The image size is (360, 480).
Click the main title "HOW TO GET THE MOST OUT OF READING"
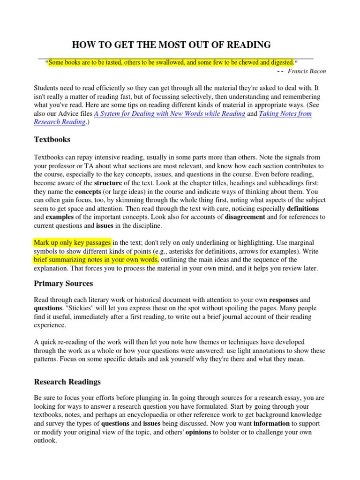[x=171, y=45]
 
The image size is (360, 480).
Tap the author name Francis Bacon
[x=307, y=71]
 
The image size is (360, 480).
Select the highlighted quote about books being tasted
[x=172, y=62]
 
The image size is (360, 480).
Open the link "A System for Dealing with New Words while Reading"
[x=170, y=113]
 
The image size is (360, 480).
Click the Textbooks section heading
[x=52, y=139]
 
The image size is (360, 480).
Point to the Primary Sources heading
[x=63, y=283]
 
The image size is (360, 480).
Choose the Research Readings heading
[x=67, y=382]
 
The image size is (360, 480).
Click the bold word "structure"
[x=108, y=182]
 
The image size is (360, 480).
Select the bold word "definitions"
[x=303, y=208]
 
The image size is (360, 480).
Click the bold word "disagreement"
[x=245, y=217]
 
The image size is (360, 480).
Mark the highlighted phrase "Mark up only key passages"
[x=73, y=242]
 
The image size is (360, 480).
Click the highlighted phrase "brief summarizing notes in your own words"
[x=96, y=260]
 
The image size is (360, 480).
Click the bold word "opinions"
[x=199, y=432]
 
